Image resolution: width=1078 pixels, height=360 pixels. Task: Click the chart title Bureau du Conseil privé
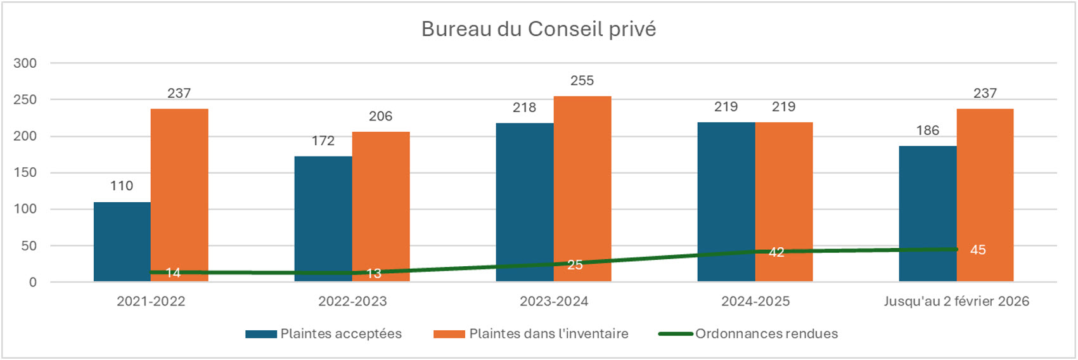[x=539, y=29]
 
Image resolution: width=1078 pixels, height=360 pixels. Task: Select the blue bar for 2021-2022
[x=122, y=241]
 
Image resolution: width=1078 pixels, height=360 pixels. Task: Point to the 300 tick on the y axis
[x=25, y=63]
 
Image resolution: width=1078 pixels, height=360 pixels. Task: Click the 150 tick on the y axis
[x=25, y=173]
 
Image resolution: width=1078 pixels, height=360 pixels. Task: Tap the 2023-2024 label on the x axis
[x=554, y=302]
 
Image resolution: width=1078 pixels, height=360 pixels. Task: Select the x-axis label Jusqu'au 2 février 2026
[x=956, y=302]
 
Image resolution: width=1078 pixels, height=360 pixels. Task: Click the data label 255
[x=582, y=81]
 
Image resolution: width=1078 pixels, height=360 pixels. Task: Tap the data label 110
[x=122, y=186]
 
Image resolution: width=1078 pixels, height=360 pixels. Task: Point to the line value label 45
[x=978, y=250]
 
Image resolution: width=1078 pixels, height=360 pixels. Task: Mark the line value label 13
[x=374, y=274]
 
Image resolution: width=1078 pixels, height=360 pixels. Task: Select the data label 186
[x=927, y=131]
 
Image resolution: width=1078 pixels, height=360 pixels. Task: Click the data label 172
[x=323, y=141]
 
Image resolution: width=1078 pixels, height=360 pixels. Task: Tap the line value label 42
[x=776, y=252]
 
